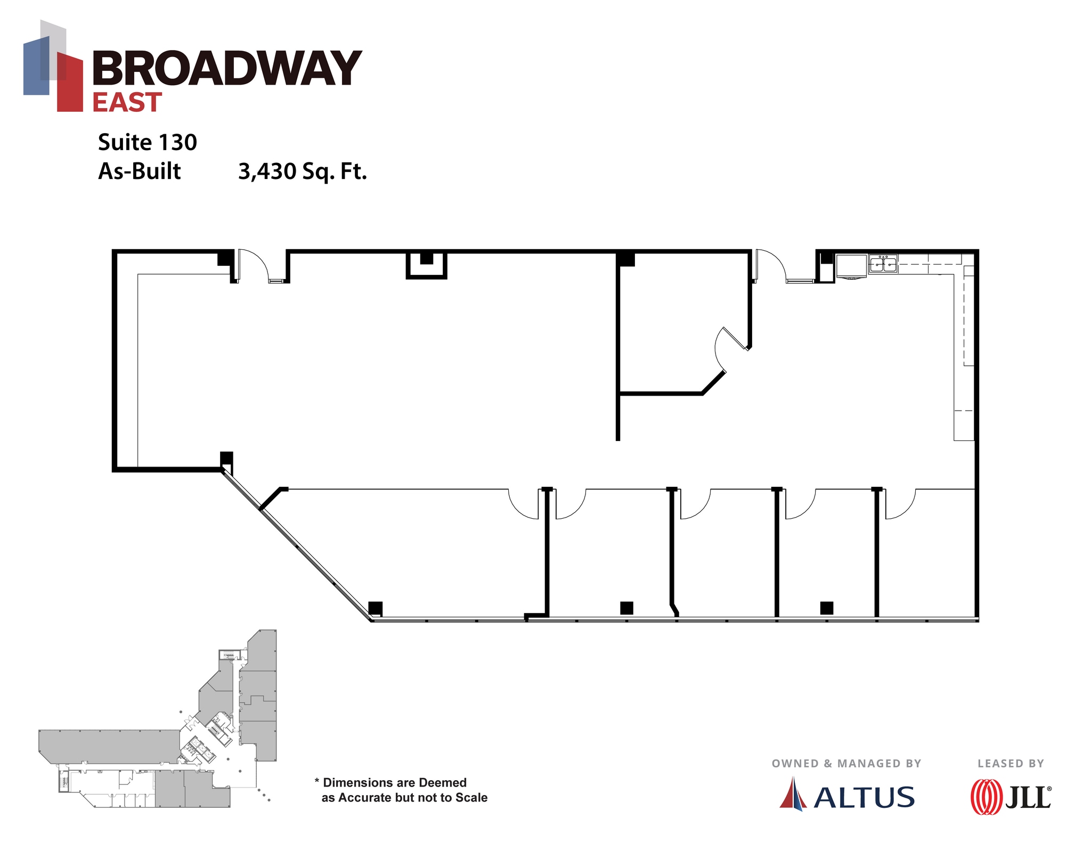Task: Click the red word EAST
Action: point(127,102)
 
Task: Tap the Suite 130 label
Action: point(148,142)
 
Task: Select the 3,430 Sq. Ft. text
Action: point(302,171)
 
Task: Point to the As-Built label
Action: point(140,171)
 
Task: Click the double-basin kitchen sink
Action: point(883,264)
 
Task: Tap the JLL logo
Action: point(1011,797)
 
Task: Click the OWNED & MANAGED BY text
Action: point(846,763)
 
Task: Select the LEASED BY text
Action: point(1011,763)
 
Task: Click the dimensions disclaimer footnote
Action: point(401,790)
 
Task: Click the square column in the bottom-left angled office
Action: point(376,608)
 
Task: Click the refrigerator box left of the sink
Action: point(851,265)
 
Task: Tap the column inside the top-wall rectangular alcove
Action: point(426,259)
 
